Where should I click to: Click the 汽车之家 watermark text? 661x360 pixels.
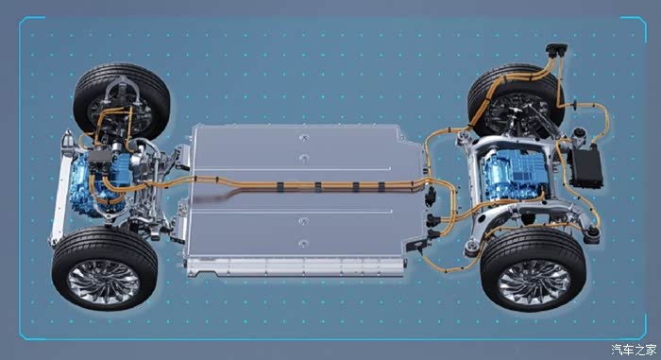(x=634, y=350)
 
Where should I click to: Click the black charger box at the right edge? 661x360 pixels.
(x=586, y=166)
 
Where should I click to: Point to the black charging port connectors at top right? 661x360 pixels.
(x=556, y=50)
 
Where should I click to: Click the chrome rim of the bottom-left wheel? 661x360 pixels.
(x=104, y=281)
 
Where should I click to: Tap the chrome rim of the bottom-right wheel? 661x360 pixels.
(x=534, y=282)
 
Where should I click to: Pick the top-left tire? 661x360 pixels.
(x=122, y=101)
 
